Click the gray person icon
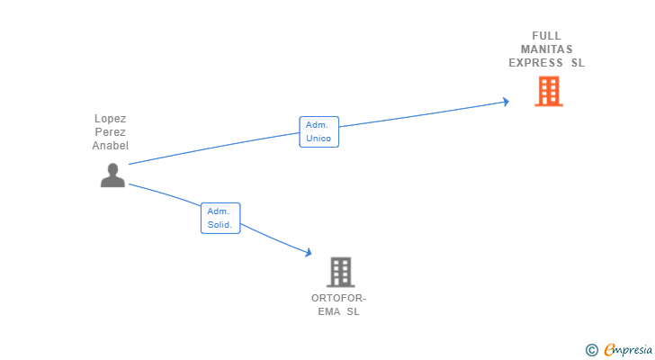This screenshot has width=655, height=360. coord(112,175)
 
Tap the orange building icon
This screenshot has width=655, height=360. coord(549,91)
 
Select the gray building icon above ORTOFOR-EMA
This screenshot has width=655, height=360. coord(340,272)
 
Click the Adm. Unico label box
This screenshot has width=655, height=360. coord(319,131)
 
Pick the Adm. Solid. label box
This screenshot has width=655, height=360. coord(220,218)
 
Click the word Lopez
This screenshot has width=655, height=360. coord(111,119)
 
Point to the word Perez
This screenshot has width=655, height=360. coord(111,132)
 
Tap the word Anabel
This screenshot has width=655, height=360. coord(111,145)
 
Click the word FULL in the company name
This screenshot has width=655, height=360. coord(546,36)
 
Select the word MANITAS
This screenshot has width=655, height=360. coord(546,49)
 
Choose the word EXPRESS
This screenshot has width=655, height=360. coord(535,63)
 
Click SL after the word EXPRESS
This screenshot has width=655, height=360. coord(579,63)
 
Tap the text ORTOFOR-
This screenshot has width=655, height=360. coord(339,298)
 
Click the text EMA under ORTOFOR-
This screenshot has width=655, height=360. coord(328,311)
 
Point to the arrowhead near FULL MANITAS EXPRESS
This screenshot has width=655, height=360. coord(506,102)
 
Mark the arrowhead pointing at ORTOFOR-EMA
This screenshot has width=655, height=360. coord(309,252)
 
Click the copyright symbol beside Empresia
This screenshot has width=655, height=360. coord(591,350)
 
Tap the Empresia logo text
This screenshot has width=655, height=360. coord(628,349)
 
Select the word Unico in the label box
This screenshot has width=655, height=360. coord(319,139)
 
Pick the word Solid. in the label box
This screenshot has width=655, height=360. coord(220,225)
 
